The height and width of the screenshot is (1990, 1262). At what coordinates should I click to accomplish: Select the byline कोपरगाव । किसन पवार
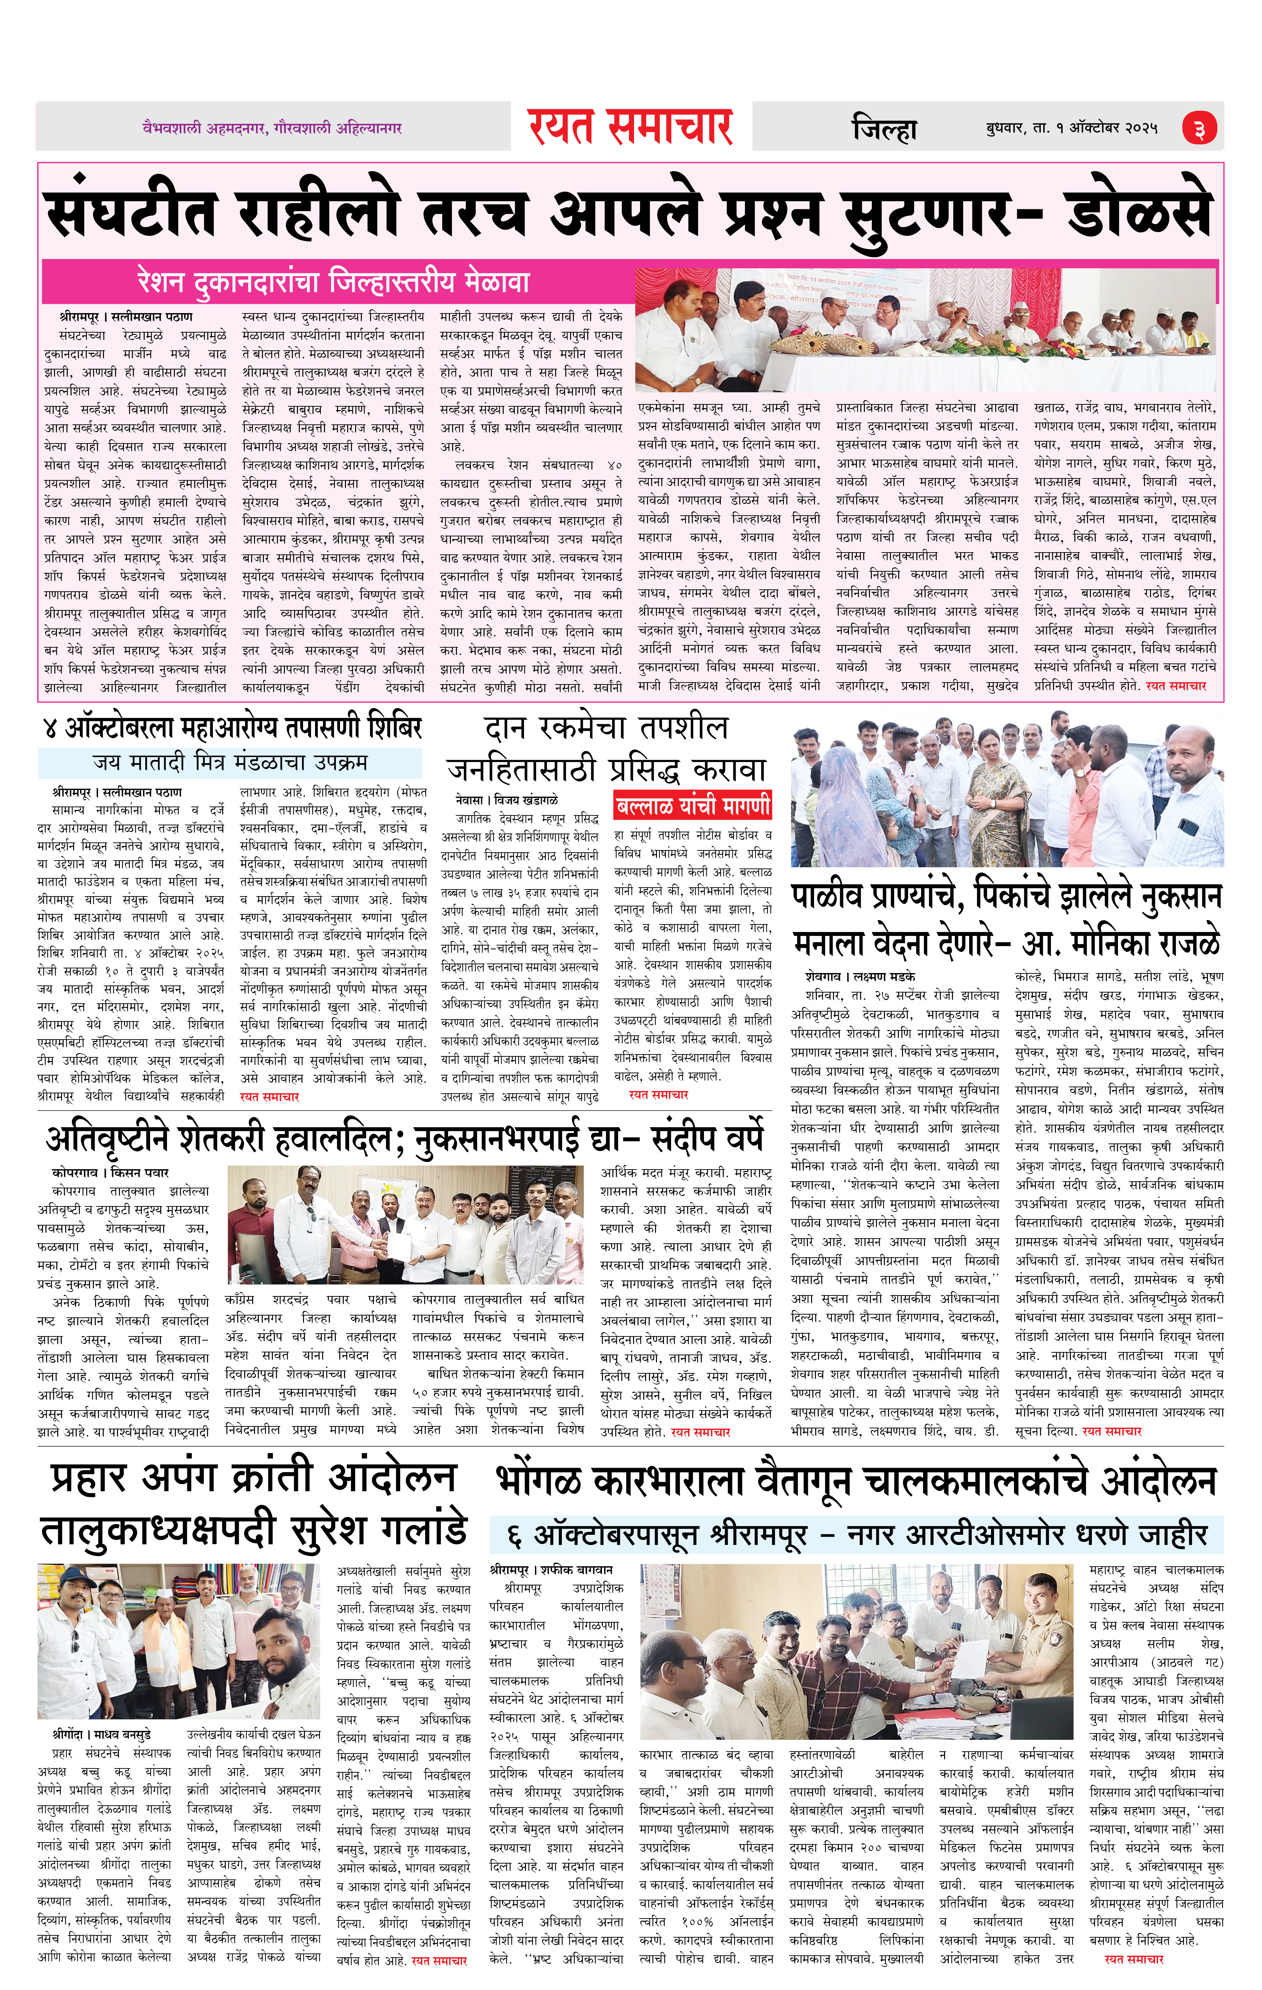(x=110, y=1173)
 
